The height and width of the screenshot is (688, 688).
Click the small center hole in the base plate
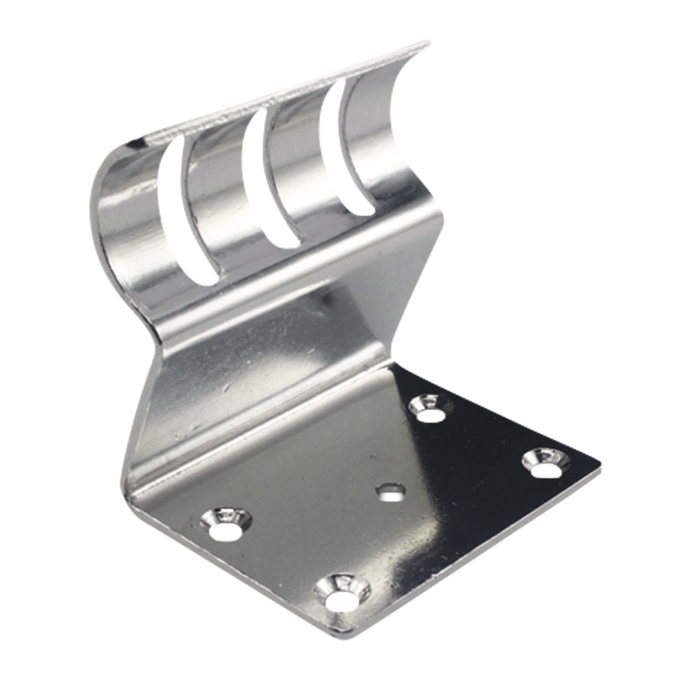[x=391, y=491]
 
